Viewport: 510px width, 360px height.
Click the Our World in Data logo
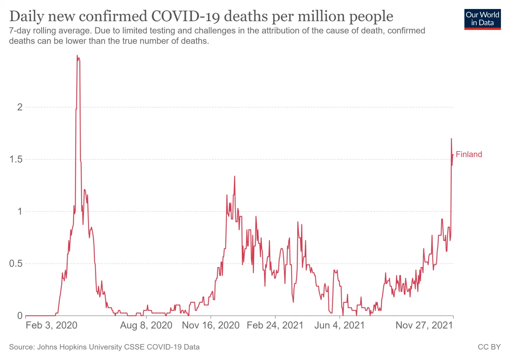tap(482, 19)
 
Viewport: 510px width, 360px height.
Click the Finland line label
tap(469, 154)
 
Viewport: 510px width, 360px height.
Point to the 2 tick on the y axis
tap(20, 107)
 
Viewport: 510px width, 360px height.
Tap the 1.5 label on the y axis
tap(16, 159)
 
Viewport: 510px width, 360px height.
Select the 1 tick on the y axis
tap(20, 211)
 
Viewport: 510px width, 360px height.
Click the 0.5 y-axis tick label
tap(16, 264)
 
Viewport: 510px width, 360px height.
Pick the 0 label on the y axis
tap(20, 316)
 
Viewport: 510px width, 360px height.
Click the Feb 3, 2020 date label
tap(51, 325)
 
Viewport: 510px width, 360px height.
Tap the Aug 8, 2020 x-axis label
tap(146, 325)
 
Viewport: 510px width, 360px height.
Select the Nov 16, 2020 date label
tap(211, 325)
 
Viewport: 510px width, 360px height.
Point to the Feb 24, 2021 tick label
tap(275, 325)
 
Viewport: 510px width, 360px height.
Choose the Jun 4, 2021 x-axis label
tap(339, 325)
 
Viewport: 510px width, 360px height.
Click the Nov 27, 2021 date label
tap(424, 325)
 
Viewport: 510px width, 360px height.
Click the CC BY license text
tap(489, 347)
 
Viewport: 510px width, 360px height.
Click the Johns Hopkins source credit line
tap(104, 347)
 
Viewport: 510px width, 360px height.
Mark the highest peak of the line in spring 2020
tap(77, 56)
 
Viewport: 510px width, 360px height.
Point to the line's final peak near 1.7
tap(451, 139)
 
